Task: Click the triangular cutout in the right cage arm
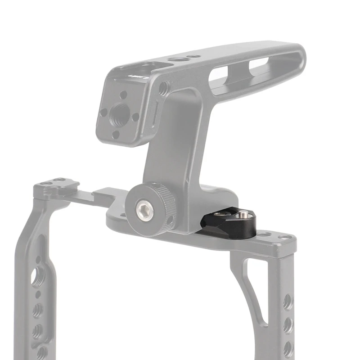pos(255,288)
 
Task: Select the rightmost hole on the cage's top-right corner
pos(284,237)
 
